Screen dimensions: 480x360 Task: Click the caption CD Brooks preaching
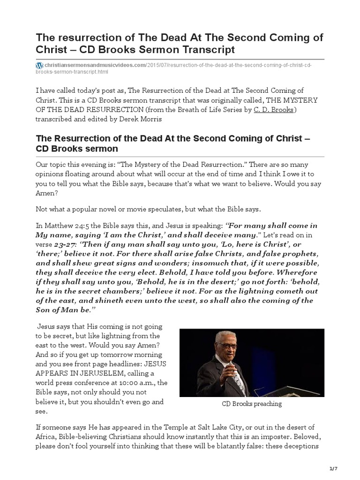(x=252, y=404)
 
